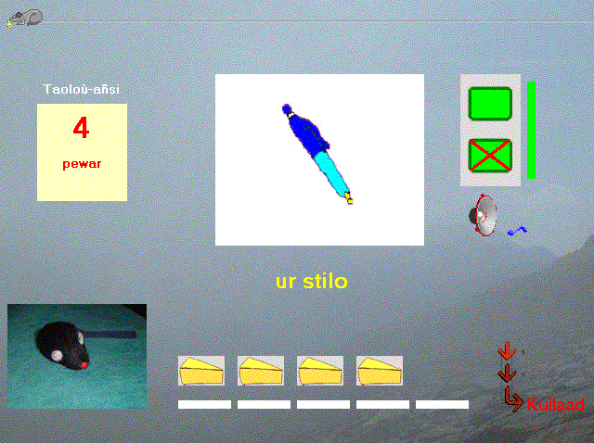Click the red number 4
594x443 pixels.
click(x=81, y=128)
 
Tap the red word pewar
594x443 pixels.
click(x=82, y=164)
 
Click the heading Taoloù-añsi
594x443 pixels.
click(x=82, y=89)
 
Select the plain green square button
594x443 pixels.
click(x=490, y=104)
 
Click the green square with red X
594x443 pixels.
click(x=490, y=156)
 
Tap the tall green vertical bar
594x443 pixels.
click(x=531, y=130)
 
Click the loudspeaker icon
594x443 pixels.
click(x=483, y=215)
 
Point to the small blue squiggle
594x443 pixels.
click(x=517, y=231)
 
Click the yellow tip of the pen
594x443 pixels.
click(x=349, y=198)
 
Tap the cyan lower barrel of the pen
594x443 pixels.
click(x=330, y=172)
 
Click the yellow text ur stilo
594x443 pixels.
click(x=312, y=282)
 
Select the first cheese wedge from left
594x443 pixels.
click(x=201, y=371)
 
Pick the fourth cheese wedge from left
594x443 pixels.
click(x=380, y=371)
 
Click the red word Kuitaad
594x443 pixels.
click(x=555, y=404)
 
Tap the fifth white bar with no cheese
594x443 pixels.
click(x=442, y=405)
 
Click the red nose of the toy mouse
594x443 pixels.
click(x=84, y=365)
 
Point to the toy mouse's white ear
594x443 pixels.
click(x=58, y=356)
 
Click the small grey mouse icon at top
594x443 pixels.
click(x=25, y=18)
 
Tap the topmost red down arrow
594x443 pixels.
click(x=507, y=350)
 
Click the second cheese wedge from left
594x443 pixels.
click(x=261, y=371)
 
